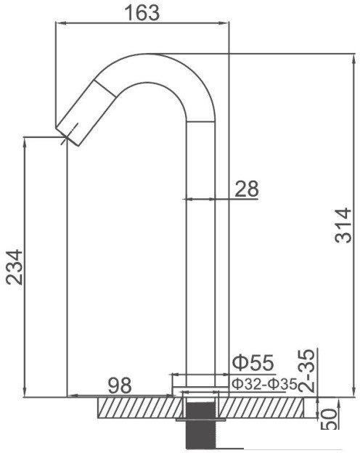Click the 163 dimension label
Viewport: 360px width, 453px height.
(142, 12)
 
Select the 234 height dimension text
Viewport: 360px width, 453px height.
(15, 267)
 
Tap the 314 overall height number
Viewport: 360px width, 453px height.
(343, 225)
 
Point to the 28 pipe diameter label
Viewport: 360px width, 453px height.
(247, 189)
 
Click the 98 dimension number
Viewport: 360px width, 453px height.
(120, 385)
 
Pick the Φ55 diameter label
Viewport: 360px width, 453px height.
(253, 363)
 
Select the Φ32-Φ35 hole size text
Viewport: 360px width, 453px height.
(265, 384)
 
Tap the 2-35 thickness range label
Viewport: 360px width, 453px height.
(306, 371)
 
